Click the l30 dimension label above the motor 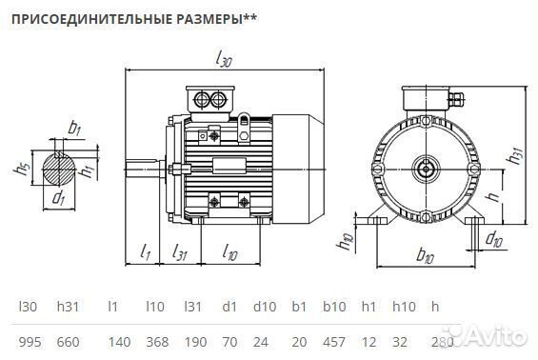click(x=225, y=60)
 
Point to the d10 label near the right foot click(x=494, y=239)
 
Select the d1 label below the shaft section click(x=59, y=198)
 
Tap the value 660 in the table click(x=69, y=340)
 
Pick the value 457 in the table click(x=334, y=340)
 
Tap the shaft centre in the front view click(x=425, y=171)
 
